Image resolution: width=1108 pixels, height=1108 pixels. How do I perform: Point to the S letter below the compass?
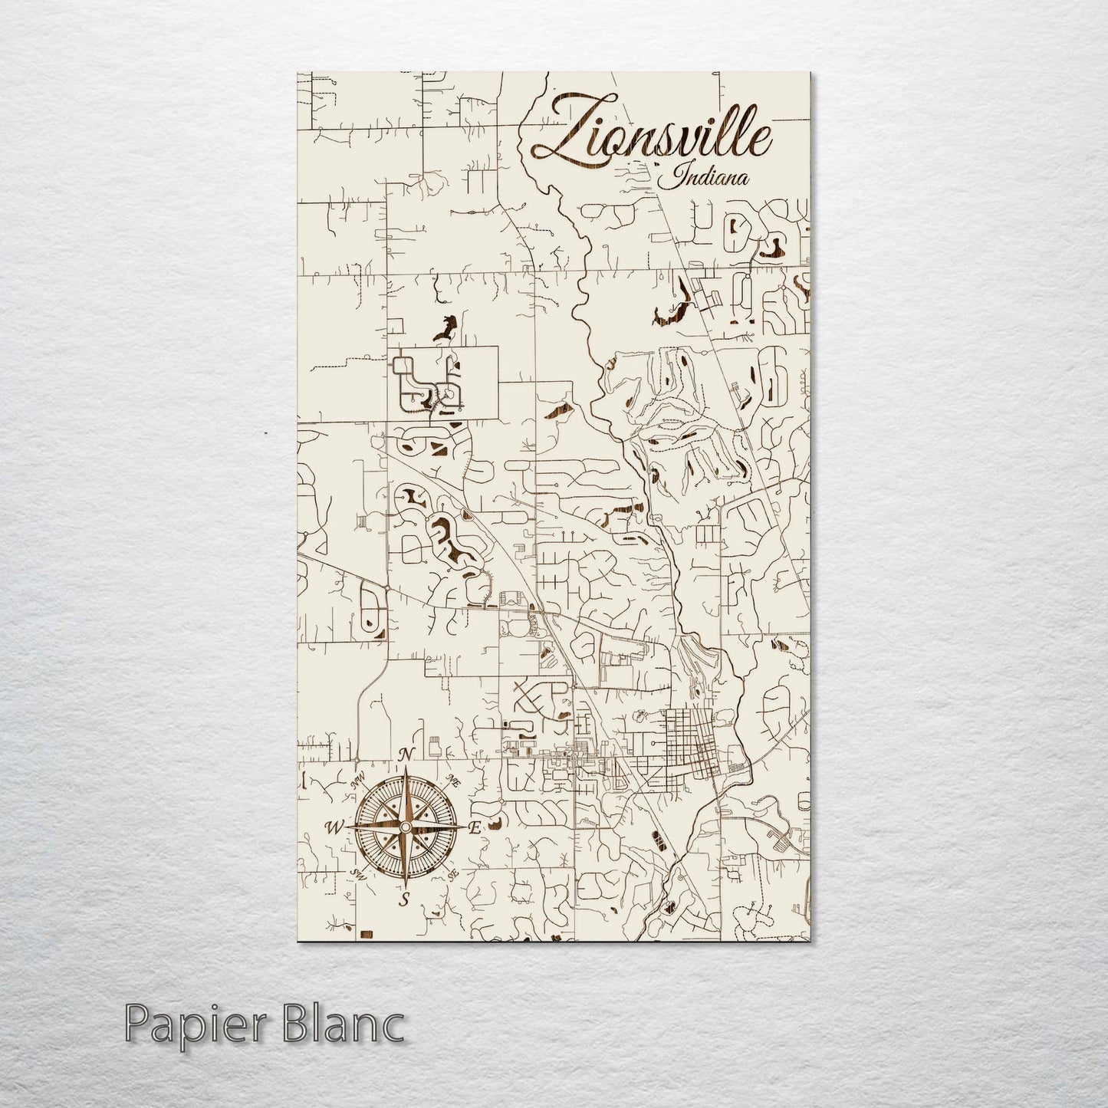click(x=406, y=899)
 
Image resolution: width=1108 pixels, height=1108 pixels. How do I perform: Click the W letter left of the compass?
click(x=335, y=827)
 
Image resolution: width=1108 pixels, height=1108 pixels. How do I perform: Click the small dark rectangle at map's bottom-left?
click(x=367, y=932)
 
